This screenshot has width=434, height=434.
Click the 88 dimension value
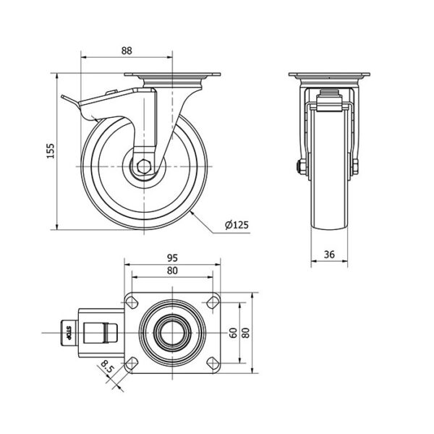[127, 51]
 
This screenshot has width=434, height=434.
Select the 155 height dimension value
[51, 151]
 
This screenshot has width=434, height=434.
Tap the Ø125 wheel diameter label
[237, 225]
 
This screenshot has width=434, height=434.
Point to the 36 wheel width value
[329, 254]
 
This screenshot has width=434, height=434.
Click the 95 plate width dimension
[172, 258]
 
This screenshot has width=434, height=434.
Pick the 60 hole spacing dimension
[233, 333]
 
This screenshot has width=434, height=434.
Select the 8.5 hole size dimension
[107, 367]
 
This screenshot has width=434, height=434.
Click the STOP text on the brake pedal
[69, 333]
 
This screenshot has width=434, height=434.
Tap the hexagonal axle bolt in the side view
[144, 166]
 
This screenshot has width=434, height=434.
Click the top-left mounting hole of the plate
[132, 302]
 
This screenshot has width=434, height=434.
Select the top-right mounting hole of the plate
[213, 302]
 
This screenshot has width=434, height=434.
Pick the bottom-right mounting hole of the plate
[213, 363]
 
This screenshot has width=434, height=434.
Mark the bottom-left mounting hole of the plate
[132, 363]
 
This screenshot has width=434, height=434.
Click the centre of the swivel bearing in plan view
[172, 333]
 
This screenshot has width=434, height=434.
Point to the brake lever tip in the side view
[62, 97]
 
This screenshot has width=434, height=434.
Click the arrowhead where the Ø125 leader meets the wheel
[191, 213]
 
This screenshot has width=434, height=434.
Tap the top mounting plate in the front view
[329, 75]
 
